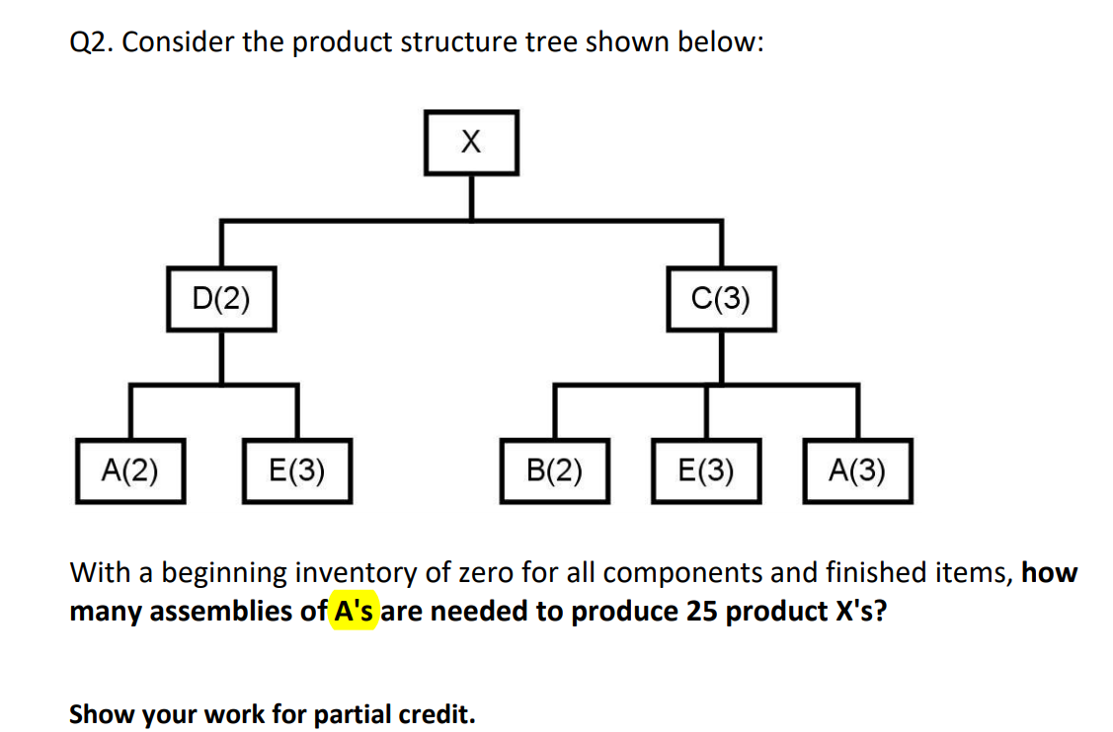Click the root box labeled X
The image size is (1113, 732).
[x=472, y=143]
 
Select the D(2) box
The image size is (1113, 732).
[x=220, y=297]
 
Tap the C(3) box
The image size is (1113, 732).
[x=721, y=297]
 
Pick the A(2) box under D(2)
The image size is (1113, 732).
[x=130, y=471]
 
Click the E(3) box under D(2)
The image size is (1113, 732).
[x=296, y=471]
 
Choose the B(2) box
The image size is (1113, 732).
[x=554, y=471]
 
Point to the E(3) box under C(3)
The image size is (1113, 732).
[x=705, y=471]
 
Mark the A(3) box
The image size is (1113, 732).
[x=856, y=471]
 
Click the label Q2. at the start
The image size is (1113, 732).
[x=92, y=44]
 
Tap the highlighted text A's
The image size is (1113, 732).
[x=355, y=612]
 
